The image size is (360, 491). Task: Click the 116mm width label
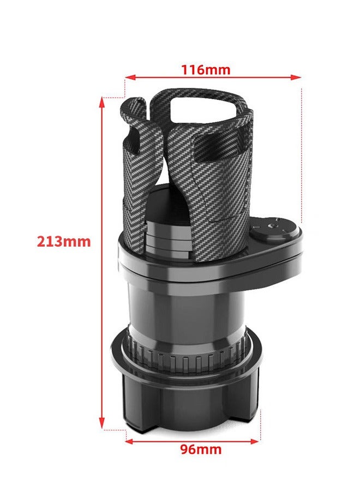[206, 70]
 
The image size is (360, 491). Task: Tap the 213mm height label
[64, 241]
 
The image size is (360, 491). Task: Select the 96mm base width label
[201, 450]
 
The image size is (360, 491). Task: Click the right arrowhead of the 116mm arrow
[297, 77]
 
